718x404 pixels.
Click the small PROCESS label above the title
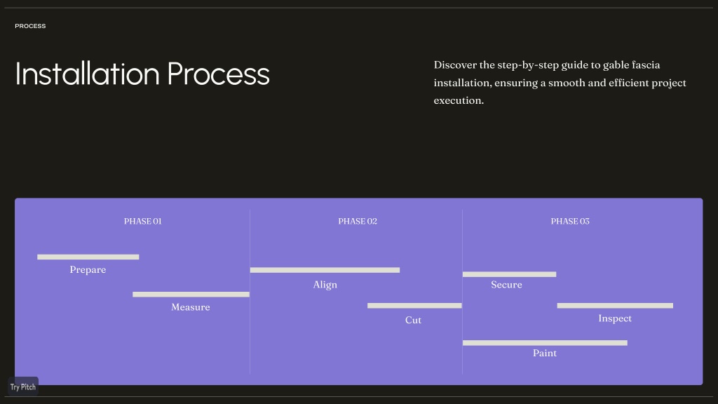[30, 26]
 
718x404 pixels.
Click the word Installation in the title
[88, 74]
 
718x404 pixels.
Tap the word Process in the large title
[219, 74]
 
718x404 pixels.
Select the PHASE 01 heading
[143, 221]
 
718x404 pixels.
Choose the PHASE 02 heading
[358, 221]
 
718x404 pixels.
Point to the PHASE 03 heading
[570, 221]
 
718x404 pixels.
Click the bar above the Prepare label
[88, 257]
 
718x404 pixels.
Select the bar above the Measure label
[191, 295]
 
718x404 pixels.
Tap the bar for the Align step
[325, 270]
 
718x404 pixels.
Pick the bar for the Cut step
[414, 306]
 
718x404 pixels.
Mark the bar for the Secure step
[509, 274]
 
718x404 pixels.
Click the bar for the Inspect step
[615, 306]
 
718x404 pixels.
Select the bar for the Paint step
[545, 342]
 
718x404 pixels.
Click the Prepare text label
[88, 270]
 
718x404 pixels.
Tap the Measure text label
[191, 307]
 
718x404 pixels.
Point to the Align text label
[325, 285]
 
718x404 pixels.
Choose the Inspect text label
[615, 318]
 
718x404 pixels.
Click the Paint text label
[545, 353]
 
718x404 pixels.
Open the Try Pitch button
[23, 386]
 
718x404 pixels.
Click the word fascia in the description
[646, 65]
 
